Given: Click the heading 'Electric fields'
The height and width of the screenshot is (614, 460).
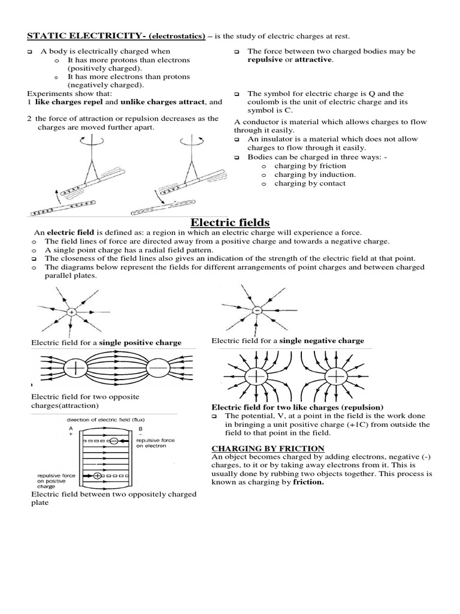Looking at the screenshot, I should (229, 222).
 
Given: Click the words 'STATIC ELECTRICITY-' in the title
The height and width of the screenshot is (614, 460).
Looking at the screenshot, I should (72, 37).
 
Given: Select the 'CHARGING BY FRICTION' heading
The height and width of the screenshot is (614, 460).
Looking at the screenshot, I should (268, 449).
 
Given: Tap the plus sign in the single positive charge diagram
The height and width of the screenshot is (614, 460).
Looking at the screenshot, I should (71, 312).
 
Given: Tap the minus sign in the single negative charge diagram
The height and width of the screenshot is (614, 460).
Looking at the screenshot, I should (256, 310).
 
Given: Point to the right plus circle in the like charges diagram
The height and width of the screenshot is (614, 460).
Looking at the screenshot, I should (337, 376).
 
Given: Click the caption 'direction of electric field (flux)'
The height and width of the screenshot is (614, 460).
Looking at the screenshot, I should (104, 420).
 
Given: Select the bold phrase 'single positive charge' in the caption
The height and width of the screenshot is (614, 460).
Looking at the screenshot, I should (140, 342).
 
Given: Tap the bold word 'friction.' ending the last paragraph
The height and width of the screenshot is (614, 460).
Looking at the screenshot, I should (308, 483).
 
